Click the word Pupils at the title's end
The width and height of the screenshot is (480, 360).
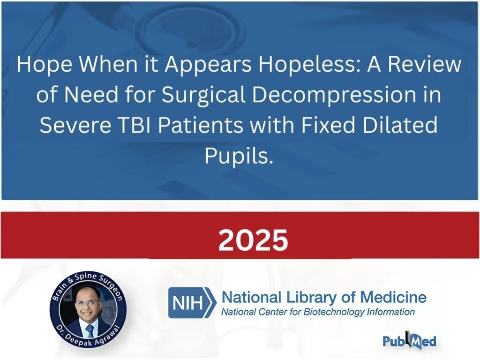tap(239, 156)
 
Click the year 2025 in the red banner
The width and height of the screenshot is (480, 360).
tap(253, 240)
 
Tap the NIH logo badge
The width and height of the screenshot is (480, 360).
tap(192, 302)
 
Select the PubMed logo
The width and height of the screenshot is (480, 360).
tap(410, 340)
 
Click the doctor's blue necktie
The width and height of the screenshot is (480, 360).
tap(90, 331)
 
